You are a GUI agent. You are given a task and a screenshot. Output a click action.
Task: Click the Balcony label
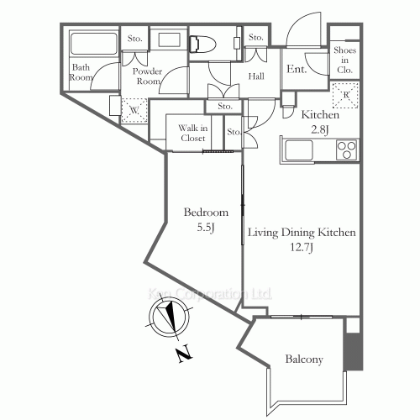tap(304, 360)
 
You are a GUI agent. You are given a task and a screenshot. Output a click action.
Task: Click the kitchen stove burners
tap(346, 150)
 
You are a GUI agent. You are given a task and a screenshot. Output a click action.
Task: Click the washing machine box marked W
tap(133, 109)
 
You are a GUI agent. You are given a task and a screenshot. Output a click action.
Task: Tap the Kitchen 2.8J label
tap(320, 122)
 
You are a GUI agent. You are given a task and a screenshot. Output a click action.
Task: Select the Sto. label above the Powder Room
tap(134, 39)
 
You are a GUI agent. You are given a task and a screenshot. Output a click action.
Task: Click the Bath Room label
tap(81, 72)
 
